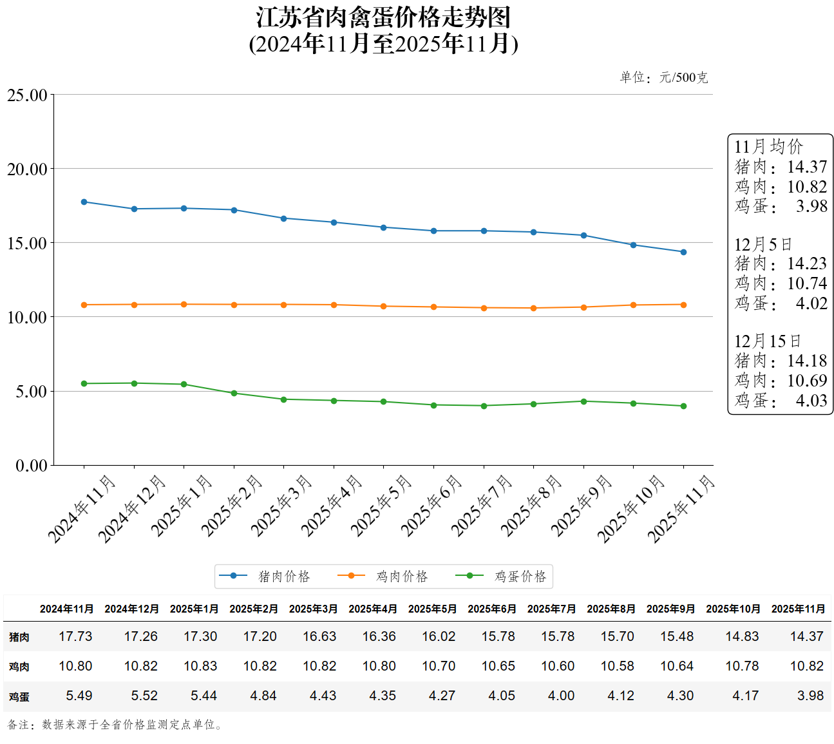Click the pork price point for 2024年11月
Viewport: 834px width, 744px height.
click(84, 202)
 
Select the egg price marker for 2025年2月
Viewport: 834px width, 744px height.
click(234, 393)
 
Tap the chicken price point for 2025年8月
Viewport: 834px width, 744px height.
click(533, 308)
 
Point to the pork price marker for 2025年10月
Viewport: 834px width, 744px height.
click(633, 245)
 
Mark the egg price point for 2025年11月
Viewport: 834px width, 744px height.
click(683, 406)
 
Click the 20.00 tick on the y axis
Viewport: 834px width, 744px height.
click(28, 169)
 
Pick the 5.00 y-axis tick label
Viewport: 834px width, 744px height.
click(32, 392)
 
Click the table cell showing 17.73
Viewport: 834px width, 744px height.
click(75, 636)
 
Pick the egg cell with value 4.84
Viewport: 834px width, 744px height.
click(263, 696)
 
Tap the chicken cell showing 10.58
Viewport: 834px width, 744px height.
click(617, 666)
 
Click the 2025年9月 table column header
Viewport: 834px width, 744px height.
click(670, 609)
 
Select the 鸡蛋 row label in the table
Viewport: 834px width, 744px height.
click(19, 696)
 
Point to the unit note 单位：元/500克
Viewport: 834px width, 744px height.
click(663, 78)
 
